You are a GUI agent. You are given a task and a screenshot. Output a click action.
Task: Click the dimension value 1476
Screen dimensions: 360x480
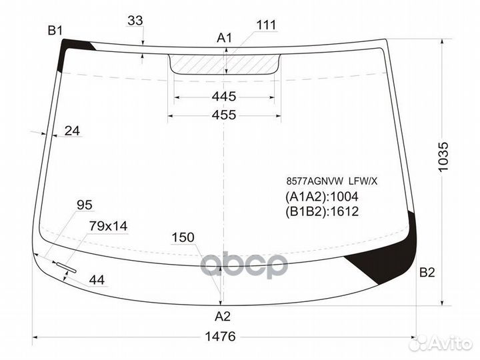coord(219,337)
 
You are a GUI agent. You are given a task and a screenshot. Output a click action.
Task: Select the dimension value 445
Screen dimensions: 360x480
coord(224,97)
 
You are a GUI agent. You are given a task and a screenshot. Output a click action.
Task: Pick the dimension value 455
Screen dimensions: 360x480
coord(224,115)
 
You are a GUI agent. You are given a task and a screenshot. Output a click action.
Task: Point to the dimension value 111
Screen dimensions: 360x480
coord(265,25)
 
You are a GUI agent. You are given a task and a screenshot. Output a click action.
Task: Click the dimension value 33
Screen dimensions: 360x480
coord(135,21)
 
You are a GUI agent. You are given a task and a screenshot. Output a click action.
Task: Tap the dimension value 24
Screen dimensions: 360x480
coord(72,131)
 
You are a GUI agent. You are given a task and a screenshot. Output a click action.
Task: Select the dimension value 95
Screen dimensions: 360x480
coord(85,205)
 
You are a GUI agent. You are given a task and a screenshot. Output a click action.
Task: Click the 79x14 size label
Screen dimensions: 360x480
coord(108,227)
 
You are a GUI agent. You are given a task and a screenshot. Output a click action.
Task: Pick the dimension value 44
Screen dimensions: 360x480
coord(97,280)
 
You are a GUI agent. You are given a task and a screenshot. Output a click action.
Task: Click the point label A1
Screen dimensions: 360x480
coord(224,38)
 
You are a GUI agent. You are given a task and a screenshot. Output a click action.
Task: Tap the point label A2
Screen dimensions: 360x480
coord(223,317)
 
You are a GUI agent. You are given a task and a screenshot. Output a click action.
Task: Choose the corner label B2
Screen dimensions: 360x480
coord(427,272)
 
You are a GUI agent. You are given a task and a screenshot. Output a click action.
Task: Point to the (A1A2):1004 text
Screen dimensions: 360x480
coord(322,197)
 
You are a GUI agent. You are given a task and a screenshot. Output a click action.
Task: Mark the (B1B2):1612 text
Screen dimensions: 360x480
coord(322,212)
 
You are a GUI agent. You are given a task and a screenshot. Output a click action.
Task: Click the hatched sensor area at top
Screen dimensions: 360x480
coord(224,64)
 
